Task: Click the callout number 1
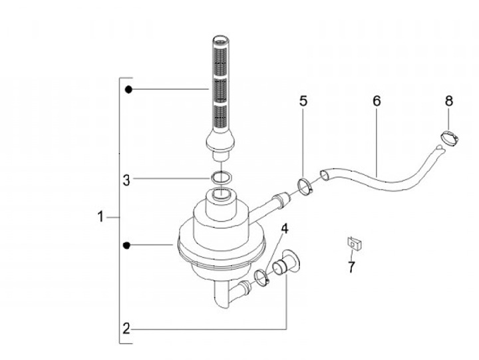tap(100, 217)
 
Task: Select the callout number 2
tap(126, 329)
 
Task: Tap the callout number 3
tap(126, 180)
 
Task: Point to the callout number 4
tap(285, 229)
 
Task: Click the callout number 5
tap(303, 101)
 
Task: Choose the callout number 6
tap(377, 101)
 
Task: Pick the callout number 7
tap(351, 268)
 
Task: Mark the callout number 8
tap(449, 101)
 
